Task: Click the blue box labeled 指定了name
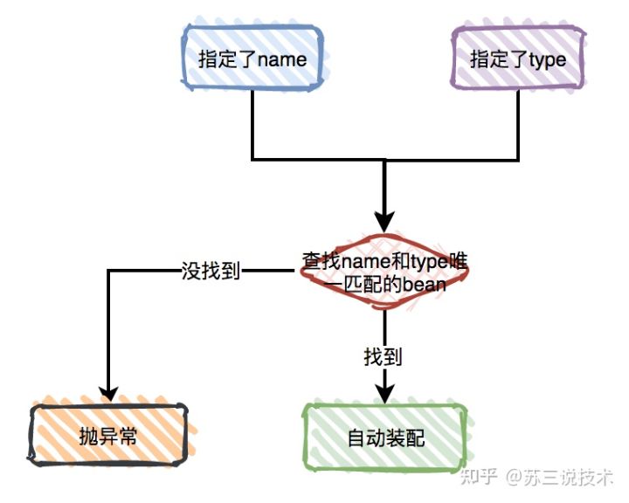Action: [x=252, y=59]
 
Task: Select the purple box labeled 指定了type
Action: [x=518, y=59]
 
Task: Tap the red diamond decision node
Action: [x=384, y=272]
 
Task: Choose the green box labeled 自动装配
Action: [x=385, y=434]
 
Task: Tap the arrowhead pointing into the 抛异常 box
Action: [x=108, y=392]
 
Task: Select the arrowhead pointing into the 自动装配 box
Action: [x=385, y=392]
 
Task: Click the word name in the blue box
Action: [x=280, y=59]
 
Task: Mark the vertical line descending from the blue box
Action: [x=252, y=122]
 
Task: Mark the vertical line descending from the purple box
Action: [x=518, y=122]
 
